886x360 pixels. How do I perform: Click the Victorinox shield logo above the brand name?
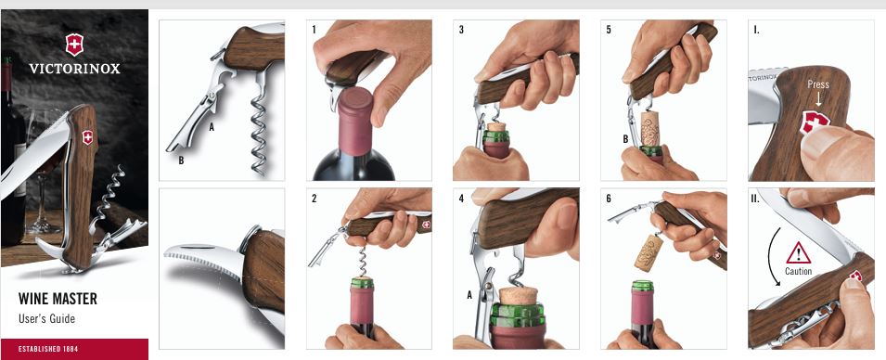(x=74, y=45)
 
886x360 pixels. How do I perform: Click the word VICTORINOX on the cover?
(x=74, y=69)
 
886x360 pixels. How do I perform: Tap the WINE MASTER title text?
(x=58, y=299)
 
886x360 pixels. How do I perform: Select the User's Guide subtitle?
(x=47, y=319)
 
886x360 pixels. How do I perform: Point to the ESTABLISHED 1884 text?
(x=48, y=349)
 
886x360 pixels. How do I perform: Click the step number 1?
(x=315, y=30)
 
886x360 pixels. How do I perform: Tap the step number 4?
(x=462, y=199)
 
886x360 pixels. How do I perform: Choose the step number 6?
(x=609, y=199)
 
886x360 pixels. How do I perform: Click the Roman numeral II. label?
(x=758, y=199)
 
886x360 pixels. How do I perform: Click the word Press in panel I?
(x=818, y=84)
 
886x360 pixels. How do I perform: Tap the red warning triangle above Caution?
(x=799, y=253)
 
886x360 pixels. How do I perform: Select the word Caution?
(x=799, y=271)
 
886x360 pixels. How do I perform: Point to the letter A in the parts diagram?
(x=212, y=127)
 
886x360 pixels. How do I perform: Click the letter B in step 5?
(x=625, y=138)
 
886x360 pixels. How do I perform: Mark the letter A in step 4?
(x=469, y=294)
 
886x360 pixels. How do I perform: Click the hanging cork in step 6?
(x=648, y=252)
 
